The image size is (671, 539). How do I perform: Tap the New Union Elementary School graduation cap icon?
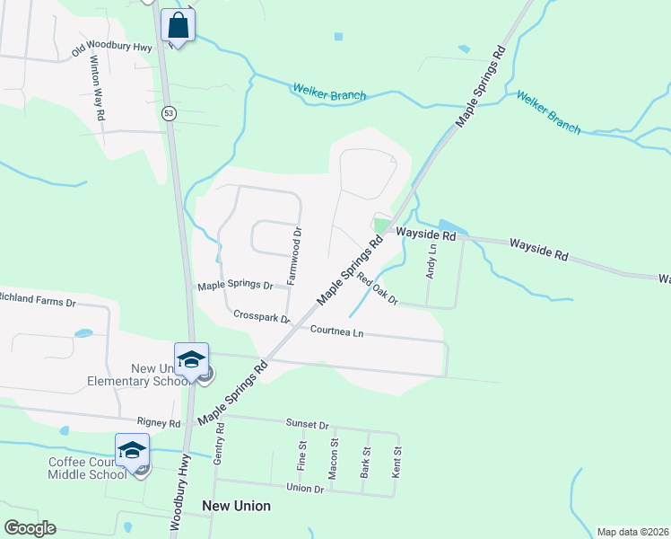191,359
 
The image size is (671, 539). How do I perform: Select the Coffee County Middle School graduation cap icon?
132,450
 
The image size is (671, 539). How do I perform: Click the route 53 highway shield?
169,113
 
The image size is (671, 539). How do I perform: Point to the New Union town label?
236,506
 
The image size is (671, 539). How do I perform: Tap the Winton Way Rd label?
99,90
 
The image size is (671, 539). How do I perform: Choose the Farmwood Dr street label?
294,257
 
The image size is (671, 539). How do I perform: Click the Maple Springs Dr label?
235,286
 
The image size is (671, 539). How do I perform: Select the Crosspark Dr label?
262,317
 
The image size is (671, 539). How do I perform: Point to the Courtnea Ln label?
336,331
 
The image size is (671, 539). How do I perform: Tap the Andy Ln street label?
431,261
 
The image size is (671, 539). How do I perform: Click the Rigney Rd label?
159,422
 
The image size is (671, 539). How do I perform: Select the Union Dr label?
305,488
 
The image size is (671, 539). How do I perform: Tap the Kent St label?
396,462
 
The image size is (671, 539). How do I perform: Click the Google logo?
30,528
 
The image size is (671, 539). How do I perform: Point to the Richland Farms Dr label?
38,297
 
